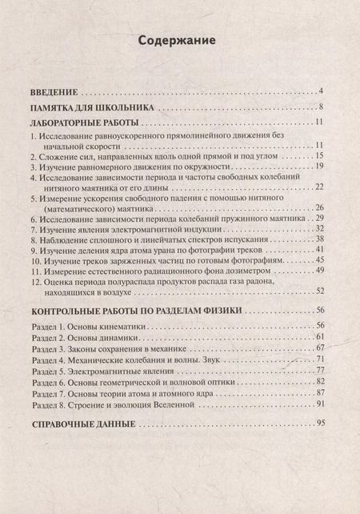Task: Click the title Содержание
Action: [179, 42]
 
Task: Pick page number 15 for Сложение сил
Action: [317, 155]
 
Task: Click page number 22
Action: [317, 187]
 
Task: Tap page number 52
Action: [317, 291]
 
